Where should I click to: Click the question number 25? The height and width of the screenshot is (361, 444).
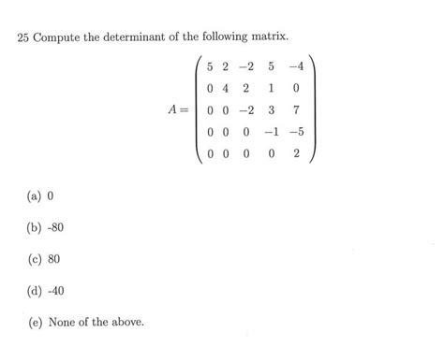click(x=24, y=37)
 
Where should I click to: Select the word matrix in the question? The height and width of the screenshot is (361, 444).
click(x=266, y=37)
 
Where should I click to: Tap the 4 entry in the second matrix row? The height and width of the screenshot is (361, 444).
click(x=226, y=89)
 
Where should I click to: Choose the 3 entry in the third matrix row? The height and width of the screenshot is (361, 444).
click(x=273, y=111)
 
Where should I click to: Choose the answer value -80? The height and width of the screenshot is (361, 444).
click(x=54, y=227)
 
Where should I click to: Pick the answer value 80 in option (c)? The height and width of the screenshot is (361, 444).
click(x=52, y=259)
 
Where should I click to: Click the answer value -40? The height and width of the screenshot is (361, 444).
click(x=54, y=291)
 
